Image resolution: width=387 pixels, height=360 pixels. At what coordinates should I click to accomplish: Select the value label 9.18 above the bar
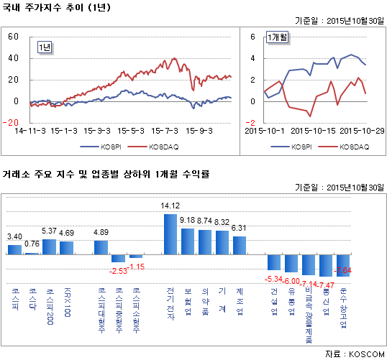pyautogui.click(x=187, y=220)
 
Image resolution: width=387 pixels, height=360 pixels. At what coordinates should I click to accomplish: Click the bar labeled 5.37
pyautogui.click(x=49, y=246)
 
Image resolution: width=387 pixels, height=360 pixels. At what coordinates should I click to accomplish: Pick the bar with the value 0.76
pyautogui.click(x=32, y=253)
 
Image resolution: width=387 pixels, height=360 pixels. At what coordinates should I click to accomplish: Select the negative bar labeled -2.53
pyautogui.click(x=118, y=259)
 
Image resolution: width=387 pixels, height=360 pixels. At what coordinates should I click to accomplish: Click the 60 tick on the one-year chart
pyautogui.click(x=12, y=36)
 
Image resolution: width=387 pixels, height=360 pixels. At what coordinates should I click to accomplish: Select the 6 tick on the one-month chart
pyautogui.click(x=252, y=36)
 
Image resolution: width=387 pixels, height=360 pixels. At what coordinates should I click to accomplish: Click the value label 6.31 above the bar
pyautogui.click(x=239, y=228)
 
